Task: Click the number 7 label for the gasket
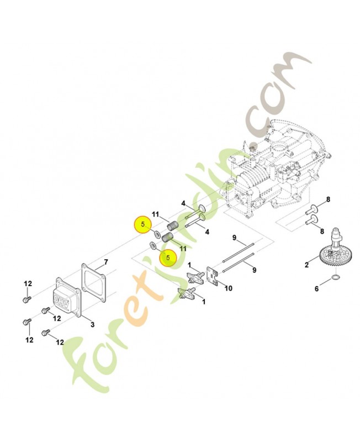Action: click(107, 261)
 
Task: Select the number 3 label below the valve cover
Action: click(92, 324)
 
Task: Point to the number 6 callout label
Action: click(316, 288)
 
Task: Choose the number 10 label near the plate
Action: click(229, 288)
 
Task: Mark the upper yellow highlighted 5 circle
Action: click(143, 224)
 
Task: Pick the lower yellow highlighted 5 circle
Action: click(167, 257)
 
